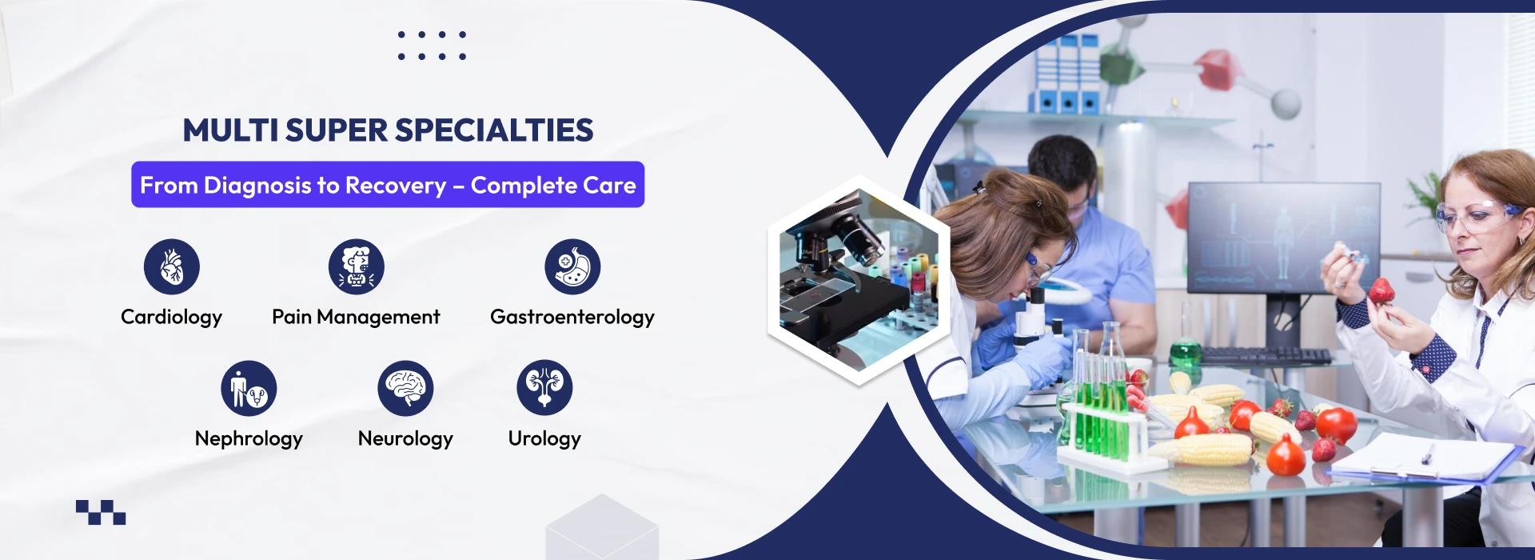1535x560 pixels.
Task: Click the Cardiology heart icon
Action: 172,266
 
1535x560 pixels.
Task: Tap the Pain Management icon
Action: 357,266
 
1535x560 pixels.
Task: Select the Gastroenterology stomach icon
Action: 572,266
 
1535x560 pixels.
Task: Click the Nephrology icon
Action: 249,388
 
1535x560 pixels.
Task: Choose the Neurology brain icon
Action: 405,388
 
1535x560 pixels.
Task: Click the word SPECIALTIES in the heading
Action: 494,130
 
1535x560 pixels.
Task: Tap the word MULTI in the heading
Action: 231,130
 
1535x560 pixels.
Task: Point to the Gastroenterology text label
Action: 572,318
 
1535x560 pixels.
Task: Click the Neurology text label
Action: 405,439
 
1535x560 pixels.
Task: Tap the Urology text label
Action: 544,439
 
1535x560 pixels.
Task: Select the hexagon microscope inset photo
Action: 859,280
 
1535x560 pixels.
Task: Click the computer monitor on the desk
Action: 1284,238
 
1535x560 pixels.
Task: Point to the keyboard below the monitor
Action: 1266,356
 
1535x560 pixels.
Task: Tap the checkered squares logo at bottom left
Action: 101,512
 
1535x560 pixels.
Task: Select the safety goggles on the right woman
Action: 1477,216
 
